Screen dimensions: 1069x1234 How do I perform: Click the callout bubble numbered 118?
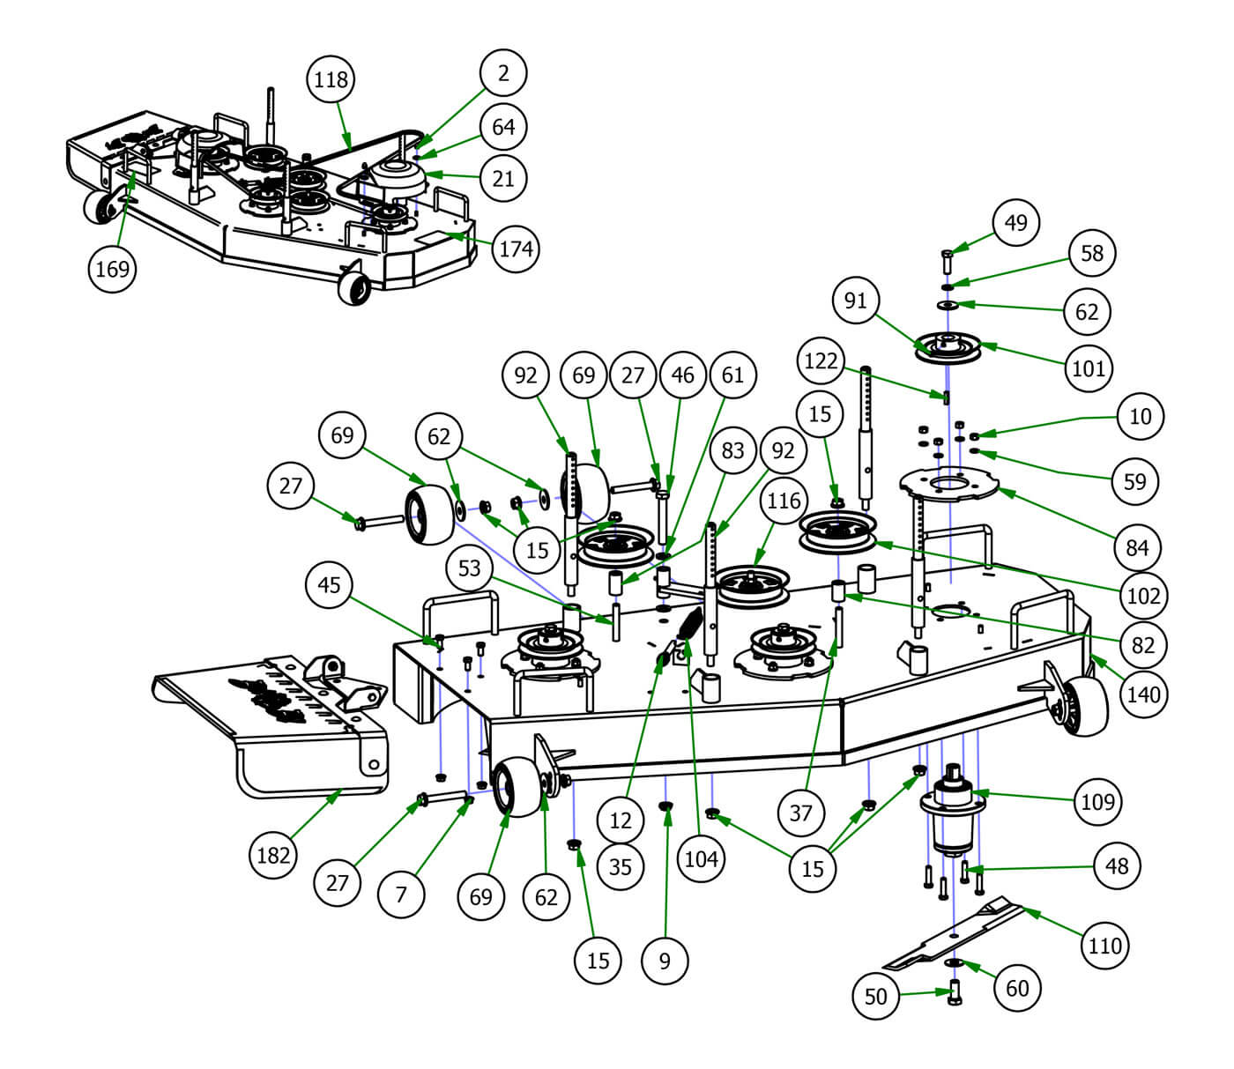[x=331, y=79]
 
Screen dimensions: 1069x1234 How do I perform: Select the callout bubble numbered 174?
[x=516, y=249]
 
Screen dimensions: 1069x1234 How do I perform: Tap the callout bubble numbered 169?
[x=113, y=269]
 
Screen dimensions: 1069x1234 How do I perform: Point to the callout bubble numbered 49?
[x=1016, y=222]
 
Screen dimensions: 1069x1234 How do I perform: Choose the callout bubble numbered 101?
[x=1089, y=367]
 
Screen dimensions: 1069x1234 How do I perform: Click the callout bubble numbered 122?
[x=821, y=361]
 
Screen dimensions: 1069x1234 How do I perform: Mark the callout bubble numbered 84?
[x=1137, y=548]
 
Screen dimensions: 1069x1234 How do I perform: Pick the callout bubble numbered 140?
[x=1143, y=694]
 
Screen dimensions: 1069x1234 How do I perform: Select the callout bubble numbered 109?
[x=1097, y=802]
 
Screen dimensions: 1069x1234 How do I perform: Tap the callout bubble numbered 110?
[x=1104, y=946]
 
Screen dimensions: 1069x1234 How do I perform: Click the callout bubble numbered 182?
[x=273, y=854]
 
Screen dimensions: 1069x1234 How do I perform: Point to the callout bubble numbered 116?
[x=783, y=501]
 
